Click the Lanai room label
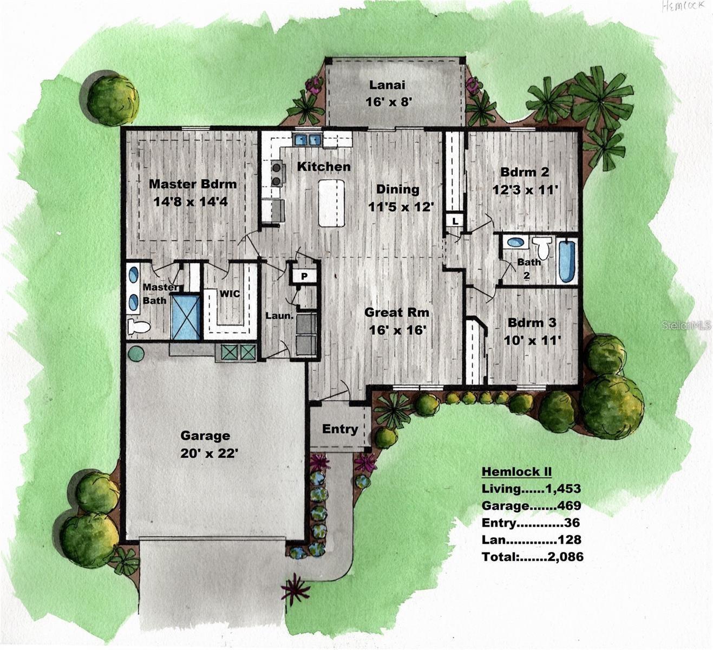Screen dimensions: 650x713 pos(387,85)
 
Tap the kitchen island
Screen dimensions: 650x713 pos(331,203)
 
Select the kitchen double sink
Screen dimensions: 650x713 pos(308,140)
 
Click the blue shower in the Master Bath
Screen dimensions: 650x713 pos(186,317)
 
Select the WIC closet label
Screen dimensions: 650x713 pos(230,294)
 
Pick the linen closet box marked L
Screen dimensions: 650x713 pos(455,221)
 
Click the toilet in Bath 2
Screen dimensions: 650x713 pos(542,249)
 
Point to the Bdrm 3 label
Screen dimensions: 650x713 pos(532,323)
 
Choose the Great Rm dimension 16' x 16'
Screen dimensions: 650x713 pos(396,329)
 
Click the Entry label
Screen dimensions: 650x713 pos(340,429)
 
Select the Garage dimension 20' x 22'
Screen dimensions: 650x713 pos(209,453)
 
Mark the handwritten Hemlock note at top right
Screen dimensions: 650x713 pos(684,6)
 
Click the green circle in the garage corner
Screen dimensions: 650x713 pos(136,354)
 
